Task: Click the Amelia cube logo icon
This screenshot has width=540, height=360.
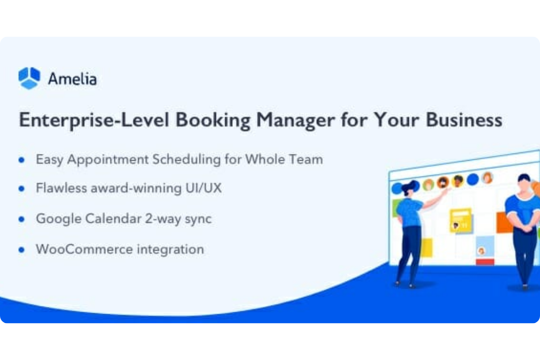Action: click(29, 78)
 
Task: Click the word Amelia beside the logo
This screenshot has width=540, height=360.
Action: click(72, 79)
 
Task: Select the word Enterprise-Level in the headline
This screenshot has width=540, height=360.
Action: click(94, 120)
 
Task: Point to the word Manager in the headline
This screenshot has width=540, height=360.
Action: click(296, 120)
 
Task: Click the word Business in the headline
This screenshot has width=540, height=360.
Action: click(464, 120)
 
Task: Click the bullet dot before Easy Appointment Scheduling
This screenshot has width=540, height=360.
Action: click(22, 160)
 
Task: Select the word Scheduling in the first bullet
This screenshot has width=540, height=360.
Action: click(186, 159)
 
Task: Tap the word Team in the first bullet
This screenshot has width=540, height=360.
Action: click(306, 159)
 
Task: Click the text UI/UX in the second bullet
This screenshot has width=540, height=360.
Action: click(203, 188)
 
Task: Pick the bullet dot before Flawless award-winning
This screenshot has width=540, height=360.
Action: click(22, 189)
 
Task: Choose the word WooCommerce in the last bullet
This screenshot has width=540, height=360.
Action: click(84, 249)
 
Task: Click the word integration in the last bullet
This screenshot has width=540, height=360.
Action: click(171, 249)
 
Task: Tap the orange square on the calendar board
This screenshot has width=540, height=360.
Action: click(504, 222)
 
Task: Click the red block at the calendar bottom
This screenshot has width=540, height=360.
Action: click(485, 262)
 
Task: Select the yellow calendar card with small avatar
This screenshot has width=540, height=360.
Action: click(461, 220)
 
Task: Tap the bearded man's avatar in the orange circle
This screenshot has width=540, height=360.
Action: click(443, 183)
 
